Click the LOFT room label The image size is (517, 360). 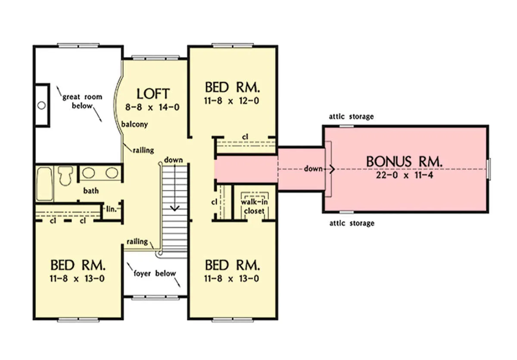tap(153, 94)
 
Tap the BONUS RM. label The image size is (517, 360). tap(404, 161)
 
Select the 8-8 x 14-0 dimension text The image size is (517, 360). tap(153, 107)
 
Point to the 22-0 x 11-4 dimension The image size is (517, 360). tap(405, 175)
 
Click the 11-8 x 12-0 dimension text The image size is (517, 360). tap(231, 101)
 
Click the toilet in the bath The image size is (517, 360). tap(65, 175)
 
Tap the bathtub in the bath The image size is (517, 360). tap(44, 184)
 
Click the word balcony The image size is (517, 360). tap(134, 124)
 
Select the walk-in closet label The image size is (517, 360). tap(254, 207)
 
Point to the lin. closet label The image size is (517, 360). tap(111, 209)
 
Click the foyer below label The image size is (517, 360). tap(155, 273)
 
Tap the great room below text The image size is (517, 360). tap(82, 101)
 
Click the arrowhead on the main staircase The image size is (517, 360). tap(175, 208)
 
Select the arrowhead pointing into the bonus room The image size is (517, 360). tap(332, 169)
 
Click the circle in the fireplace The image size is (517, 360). tap(41, 106)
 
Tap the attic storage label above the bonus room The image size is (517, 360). tap(351, 116)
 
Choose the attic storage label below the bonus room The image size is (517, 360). tap(352, 223)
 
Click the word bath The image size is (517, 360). tap(91, 191)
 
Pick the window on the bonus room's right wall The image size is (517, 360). tap(489, 169)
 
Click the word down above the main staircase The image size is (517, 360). tap(173, 160)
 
